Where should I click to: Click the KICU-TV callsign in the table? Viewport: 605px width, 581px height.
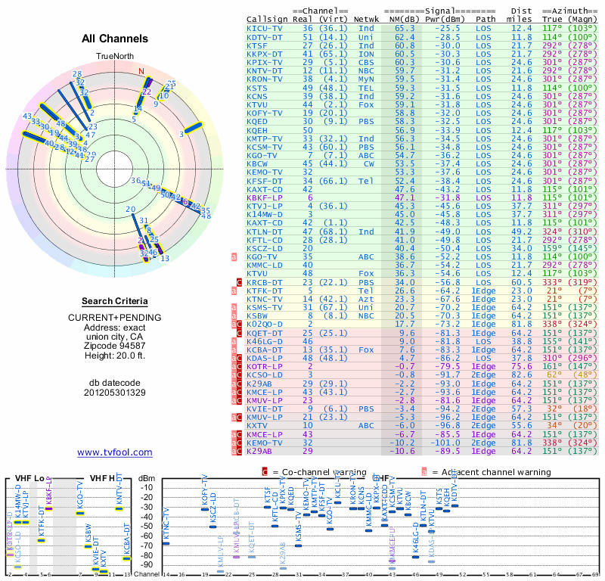point(264,27)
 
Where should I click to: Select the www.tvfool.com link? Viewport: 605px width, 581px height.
point(115,452)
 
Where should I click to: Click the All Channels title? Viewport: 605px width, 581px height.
point(115,39)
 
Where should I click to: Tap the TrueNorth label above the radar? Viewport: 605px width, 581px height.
point(114,57)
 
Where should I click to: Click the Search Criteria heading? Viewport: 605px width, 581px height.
point(115,301)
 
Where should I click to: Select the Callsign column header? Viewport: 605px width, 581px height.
point(266,19)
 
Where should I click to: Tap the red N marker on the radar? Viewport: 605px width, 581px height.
point(141,73)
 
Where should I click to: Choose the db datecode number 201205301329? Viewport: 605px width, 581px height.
point(115,393)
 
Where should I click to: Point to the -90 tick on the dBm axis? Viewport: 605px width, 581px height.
point(147,564)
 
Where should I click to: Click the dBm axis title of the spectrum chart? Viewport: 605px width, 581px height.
point(147,477)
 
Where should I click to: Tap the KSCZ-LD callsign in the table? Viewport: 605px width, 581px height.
point(264,247)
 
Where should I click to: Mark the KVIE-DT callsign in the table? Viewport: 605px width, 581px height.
point(264,409)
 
